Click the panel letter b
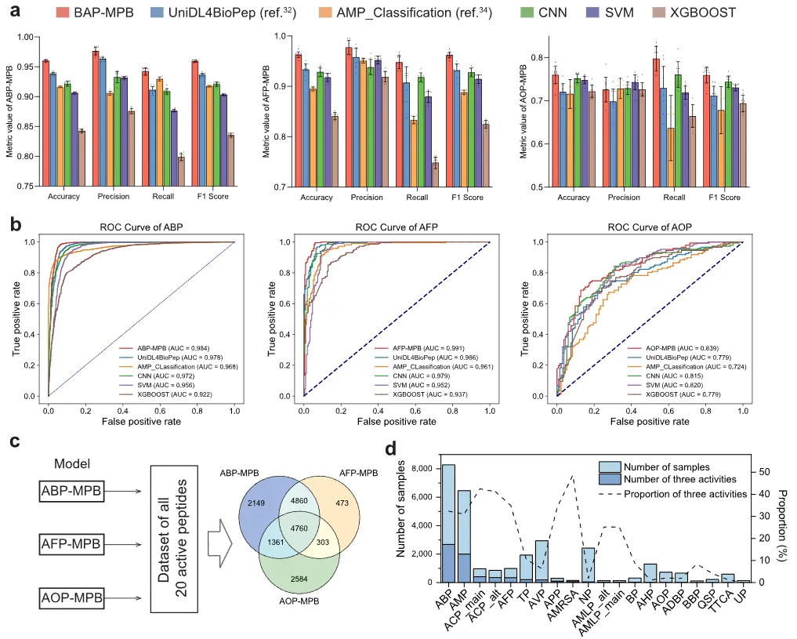tap(15, 223)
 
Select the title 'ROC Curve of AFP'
tap(396, 228)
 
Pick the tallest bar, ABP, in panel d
tap(448, 523)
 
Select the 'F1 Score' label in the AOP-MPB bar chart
tap(721, 198)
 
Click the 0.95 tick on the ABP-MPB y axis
tap(29, 67)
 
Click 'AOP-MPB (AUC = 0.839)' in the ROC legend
tap(673, 348)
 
